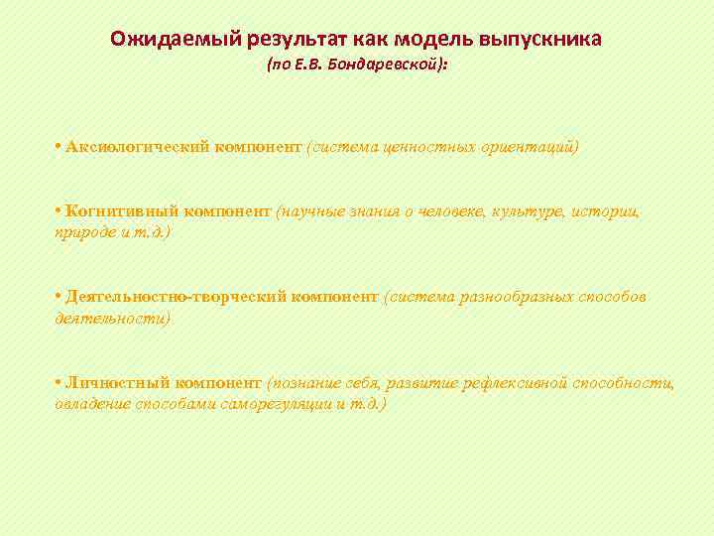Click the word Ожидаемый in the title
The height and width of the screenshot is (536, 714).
tap(160, 40)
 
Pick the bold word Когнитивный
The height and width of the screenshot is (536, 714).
tap(115, 211)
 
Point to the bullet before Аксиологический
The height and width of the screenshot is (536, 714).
tap(59, 147)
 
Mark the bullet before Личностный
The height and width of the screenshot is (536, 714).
tap(59, 382)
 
